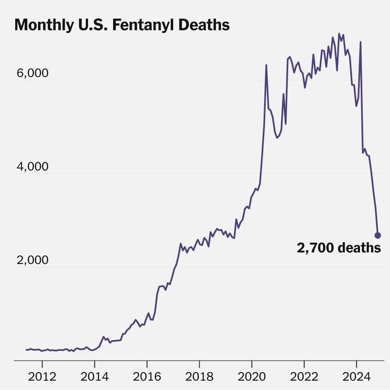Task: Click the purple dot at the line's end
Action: point(378,235)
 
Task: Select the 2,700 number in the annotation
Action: point(315,248)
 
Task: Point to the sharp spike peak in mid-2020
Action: point(266,65)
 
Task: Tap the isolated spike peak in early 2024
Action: point(361,42)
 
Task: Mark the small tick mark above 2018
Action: point(199,363)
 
